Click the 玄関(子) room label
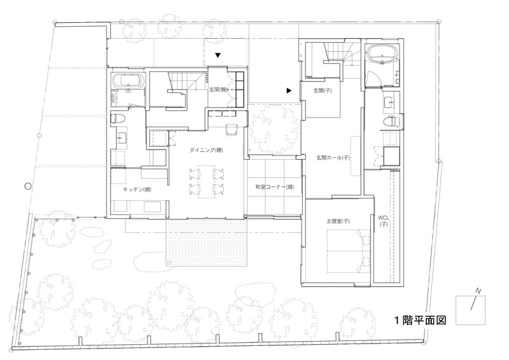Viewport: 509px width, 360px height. (323, 91)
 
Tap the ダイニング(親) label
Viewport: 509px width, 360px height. (206, 150)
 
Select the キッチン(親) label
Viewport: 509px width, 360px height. (137, 190)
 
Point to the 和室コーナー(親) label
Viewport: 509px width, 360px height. (275, 187)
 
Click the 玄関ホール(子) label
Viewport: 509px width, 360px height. (333, 158)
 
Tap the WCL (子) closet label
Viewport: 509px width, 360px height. (384, 221)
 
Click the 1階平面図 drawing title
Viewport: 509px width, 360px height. (421, 320)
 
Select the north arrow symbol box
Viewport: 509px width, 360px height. (470, 310)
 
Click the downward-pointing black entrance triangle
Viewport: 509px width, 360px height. (218, 55)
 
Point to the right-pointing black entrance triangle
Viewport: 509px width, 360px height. (289, 91)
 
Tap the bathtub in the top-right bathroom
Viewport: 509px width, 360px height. (382, 53)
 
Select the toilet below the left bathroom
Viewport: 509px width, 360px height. (116, 118)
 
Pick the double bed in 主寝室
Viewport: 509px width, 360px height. (348, 251)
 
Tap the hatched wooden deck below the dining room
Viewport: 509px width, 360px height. (207, 243)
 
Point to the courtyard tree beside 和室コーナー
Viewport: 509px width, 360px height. (273, 128)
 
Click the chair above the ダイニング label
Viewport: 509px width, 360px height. (232, 130)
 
